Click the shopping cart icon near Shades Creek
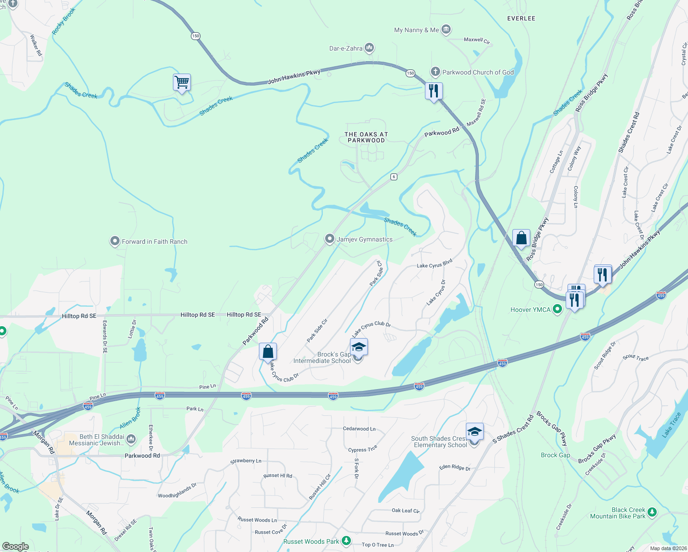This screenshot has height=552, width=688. pyautogui.click(x=182, y=83)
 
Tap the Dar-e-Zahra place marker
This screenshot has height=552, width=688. pyautogui.click(x=369, y=48)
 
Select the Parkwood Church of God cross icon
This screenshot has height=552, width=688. pyautogui.click(x=435, y=72)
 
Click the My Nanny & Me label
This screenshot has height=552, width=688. pyautogui.click(x=416, y=30)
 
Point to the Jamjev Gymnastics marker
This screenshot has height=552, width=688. pyautogui.click(x=329, y=239)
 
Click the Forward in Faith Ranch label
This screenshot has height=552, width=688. pyautogui.click(x=155, y=241)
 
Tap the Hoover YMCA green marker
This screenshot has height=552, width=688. pyautogui.click(x=557, y=309)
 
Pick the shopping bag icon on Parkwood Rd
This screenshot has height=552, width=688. pyautogui.click(x=268, y=352)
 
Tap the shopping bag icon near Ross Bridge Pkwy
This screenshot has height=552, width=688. pyautogui.click(x=521, y=238)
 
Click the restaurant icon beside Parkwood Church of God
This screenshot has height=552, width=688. pyautogui.click(x=433, y=91)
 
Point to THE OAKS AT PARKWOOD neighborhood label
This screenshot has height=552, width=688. pyautogui.click(x=366, y=137)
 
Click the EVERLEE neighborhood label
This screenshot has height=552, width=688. pyautogui.click(x=521, y=18)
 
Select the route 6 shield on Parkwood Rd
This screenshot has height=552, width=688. pyautogui.click(x=394, y=177)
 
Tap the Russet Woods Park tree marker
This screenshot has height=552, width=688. pyautogui.click(x=346, y=541)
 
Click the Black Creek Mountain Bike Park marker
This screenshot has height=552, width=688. pyautogui.click(x=652, y=512)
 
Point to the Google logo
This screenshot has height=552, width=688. pyautogui.click(x=16, y=546)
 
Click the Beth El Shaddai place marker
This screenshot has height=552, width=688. pyautogui.click(x=131, y=439)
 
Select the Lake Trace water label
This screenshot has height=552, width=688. pyautogui.click(x=672, y=425)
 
